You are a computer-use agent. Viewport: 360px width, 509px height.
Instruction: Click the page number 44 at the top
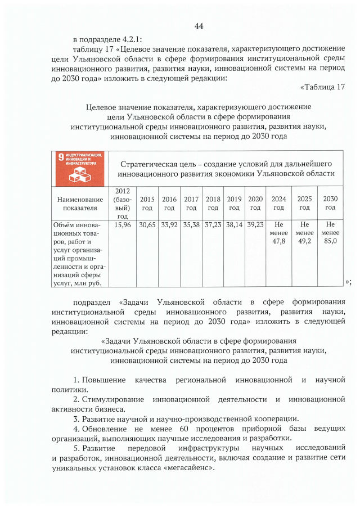pyautogui.click(x=199, y=26)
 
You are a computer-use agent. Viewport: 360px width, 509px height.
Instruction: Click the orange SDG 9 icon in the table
pyautogui.click(x=79, y=168)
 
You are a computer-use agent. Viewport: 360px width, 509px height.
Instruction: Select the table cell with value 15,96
pyautogui.click(x=123, y=224)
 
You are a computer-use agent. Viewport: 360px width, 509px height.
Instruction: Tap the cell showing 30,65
pyautogui.click(x=147, y=224)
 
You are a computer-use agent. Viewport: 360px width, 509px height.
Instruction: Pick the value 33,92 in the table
pyautogui.click(x=169, y=224)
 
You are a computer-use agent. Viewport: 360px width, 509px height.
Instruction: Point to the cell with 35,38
pyautogui.click(x=191, y=224)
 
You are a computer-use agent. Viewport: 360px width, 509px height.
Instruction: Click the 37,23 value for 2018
pyautogui.click(x=213, y=224)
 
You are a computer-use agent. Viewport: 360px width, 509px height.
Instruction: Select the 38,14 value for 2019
pyautogui.click(x=234, y=224)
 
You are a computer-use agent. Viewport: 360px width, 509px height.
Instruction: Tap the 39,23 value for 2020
pyautogui.click(x=255, y=224)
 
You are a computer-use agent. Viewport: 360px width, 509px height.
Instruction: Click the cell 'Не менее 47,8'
pyautogui.click(x=279, y=233)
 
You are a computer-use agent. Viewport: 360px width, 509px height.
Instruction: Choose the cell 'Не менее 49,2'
pyautogui.click(x=304, y=233)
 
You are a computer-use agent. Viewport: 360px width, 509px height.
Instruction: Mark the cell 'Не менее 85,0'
pyautogui.click(x=330, y=233)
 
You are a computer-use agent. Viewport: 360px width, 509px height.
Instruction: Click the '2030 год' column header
pyautogui.click(x=330, y=203)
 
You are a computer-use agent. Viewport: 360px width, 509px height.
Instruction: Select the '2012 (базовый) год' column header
pyautogui.click(x=123, y=204)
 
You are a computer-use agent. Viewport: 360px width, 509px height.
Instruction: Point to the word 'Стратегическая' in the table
pyautogui.click(x=149, y=163)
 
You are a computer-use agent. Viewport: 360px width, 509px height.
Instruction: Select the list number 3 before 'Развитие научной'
pyautogui.click(x=76, y=418)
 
